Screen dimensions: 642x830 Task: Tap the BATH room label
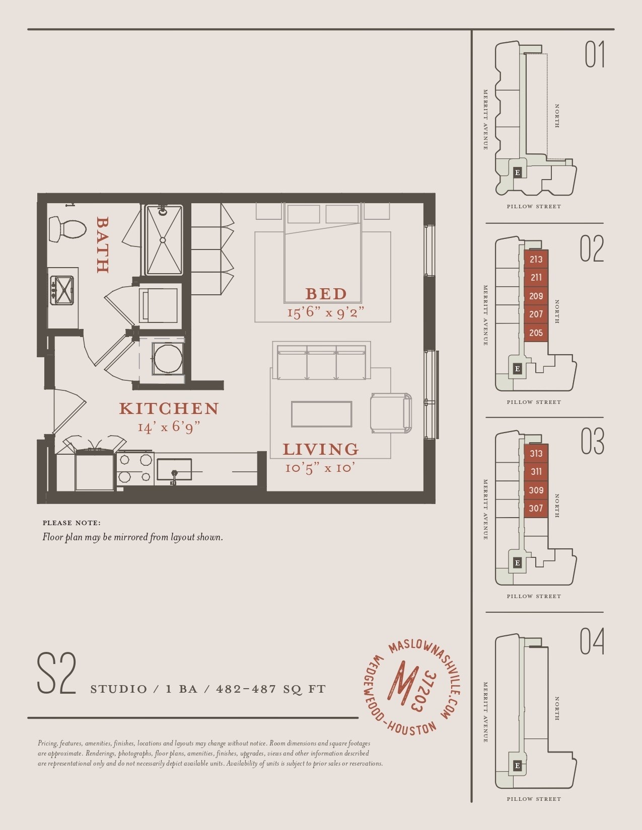tap(103, 245)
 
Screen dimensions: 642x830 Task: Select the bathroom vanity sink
tap(61, 290)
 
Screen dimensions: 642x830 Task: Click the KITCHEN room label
tap(169, 408)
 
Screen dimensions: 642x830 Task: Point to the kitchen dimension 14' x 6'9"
tap(169, 427)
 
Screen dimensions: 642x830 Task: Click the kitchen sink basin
tap(174, 470)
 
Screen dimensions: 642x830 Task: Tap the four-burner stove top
tap(135, 468)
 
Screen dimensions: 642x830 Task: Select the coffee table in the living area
tap(322, 413)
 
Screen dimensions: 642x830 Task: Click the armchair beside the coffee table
tap(391, 412)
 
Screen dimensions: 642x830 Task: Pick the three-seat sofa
tap(322, 362)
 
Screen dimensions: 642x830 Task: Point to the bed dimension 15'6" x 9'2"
tap(325, 313)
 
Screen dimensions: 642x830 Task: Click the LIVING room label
tap(320, 449)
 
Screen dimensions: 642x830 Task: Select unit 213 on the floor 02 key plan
tap(536, 260)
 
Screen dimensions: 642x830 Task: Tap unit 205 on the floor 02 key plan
tap(536, 333)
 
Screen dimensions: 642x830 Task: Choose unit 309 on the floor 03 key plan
tap(536, 490)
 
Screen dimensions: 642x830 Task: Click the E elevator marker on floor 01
tap(517, 173)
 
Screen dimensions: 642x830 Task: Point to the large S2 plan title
tap(56, 674)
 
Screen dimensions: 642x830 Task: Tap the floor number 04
tap(592, 641)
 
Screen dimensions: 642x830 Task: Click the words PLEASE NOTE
tap(72, 523)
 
